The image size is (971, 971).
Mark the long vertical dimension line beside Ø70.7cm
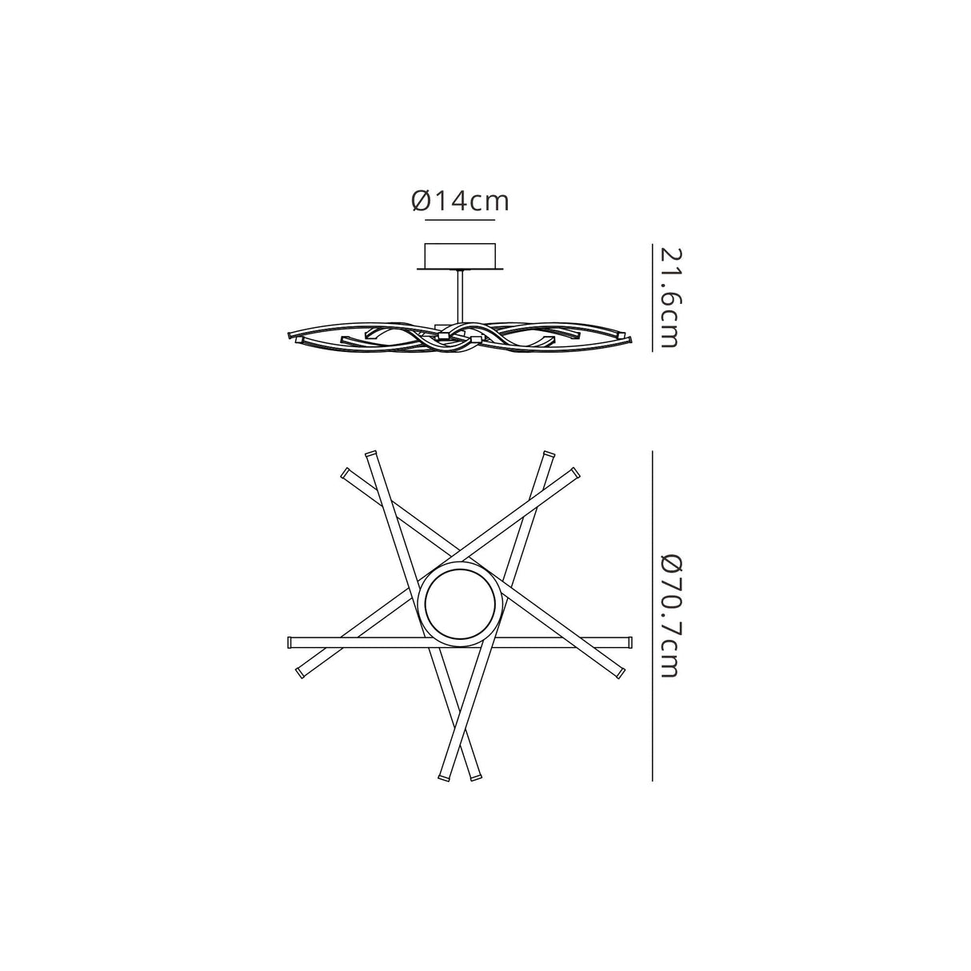(653, 616)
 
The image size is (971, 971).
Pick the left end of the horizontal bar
(290, 641)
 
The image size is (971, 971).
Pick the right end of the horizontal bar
(629, 641)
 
